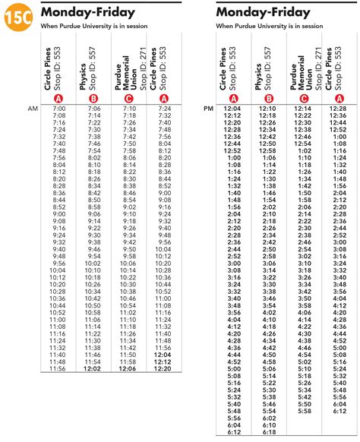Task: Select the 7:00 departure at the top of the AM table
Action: [58, 109]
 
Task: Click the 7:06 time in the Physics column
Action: [93, 109]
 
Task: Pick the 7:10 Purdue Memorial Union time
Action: [128, 109]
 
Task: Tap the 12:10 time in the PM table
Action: [269, 109]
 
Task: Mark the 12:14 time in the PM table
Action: [305, 109]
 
